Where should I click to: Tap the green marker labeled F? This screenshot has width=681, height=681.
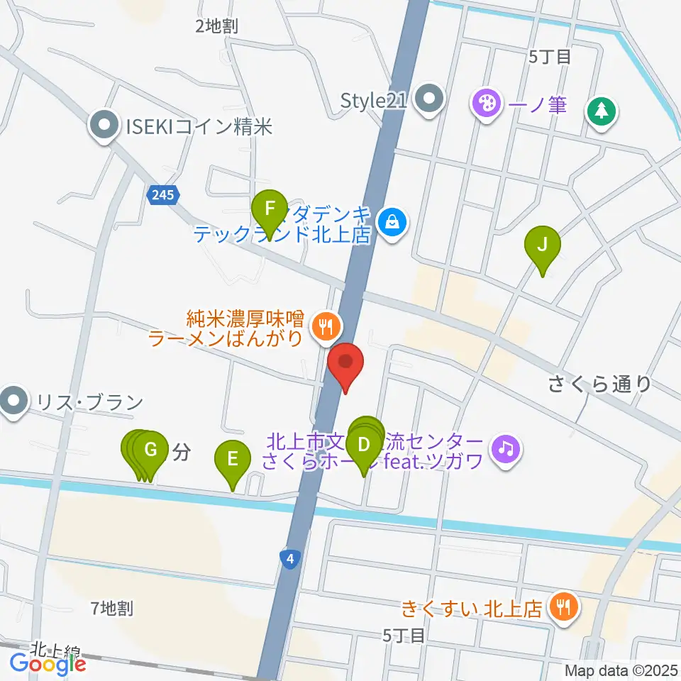tap(270, 211)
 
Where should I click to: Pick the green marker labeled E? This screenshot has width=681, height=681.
tap(233, 460)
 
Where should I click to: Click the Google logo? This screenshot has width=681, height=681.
tap(48, 664)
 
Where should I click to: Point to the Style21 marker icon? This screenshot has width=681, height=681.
tap(429, 100)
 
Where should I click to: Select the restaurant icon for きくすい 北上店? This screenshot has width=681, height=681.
tap(565, 607)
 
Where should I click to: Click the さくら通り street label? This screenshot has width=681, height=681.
tap(599, 384)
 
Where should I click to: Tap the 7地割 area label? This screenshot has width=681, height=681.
tap(112, 607)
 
